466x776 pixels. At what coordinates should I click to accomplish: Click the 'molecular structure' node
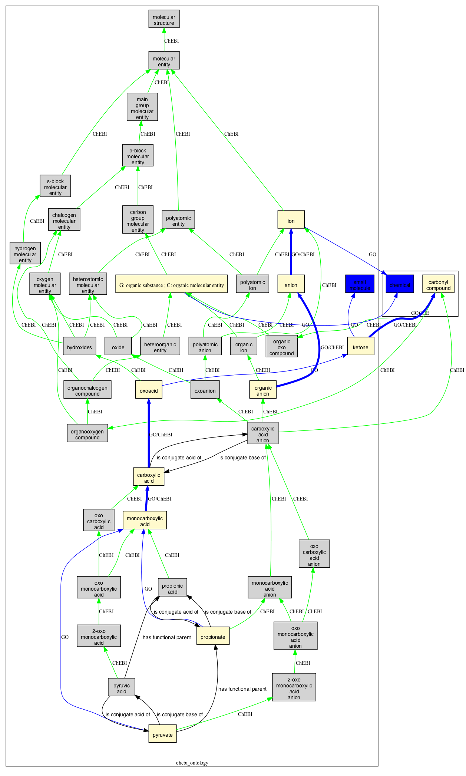click(164, 20)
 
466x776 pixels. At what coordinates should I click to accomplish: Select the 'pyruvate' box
click(162, 735)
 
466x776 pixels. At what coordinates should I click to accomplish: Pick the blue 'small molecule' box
click(360, 285)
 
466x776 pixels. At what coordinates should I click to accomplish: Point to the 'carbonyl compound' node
click(438, 285)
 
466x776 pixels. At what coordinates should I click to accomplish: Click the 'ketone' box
click(360, 347)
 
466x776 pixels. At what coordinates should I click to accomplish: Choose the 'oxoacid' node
click(149, 391)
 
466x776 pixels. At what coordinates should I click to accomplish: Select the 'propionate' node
click(213, 637)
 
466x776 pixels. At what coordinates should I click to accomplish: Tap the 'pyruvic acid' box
click(121, 689)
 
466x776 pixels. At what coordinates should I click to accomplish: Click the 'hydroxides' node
click(79, 347)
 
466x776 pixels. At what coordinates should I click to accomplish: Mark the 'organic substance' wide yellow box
click(171, 285)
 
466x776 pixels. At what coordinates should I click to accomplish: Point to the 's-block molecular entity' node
click(55, 187)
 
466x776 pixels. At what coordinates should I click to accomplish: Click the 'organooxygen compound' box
click(87, 435)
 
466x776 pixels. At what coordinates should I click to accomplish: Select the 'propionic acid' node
click(172, 589)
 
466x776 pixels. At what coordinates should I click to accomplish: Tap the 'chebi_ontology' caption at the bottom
click(192, 763)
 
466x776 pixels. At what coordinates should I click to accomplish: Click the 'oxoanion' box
click(205, 391)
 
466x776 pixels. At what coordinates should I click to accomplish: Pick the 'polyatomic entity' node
click(178, 221)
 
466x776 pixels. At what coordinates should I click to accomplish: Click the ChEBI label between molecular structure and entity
click(171, 41)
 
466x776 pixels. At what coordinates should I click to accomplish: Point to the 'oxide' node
click(118, 347)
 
